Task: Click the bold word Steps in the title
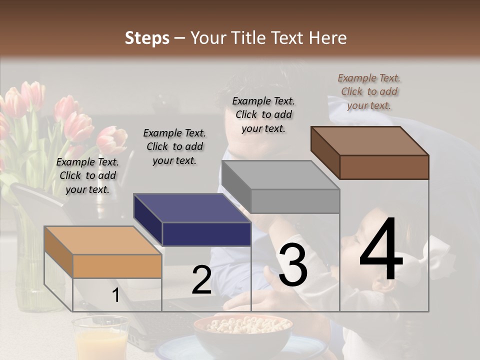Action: tap(147, 38)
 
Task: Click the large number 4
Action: tap(381, 250)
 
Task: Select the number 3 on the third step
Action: tap(292, 265)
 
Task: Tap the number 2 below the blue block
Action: tap(201, 280)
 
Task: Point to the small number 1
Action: tap(115, 296)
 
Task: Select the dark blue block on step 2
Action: tap(192, 220)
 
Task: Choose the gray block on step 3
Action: tap(280, 187)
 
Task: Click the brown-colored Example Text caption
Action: tap(369, 91)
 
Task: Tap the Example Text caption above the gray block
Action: tap(263, 114)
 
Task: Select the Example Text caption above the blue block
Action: tap(174, 146)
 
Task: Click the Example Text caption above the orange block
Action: tap(87, 175)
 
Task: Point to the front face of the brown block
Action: tap(384, 167)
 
